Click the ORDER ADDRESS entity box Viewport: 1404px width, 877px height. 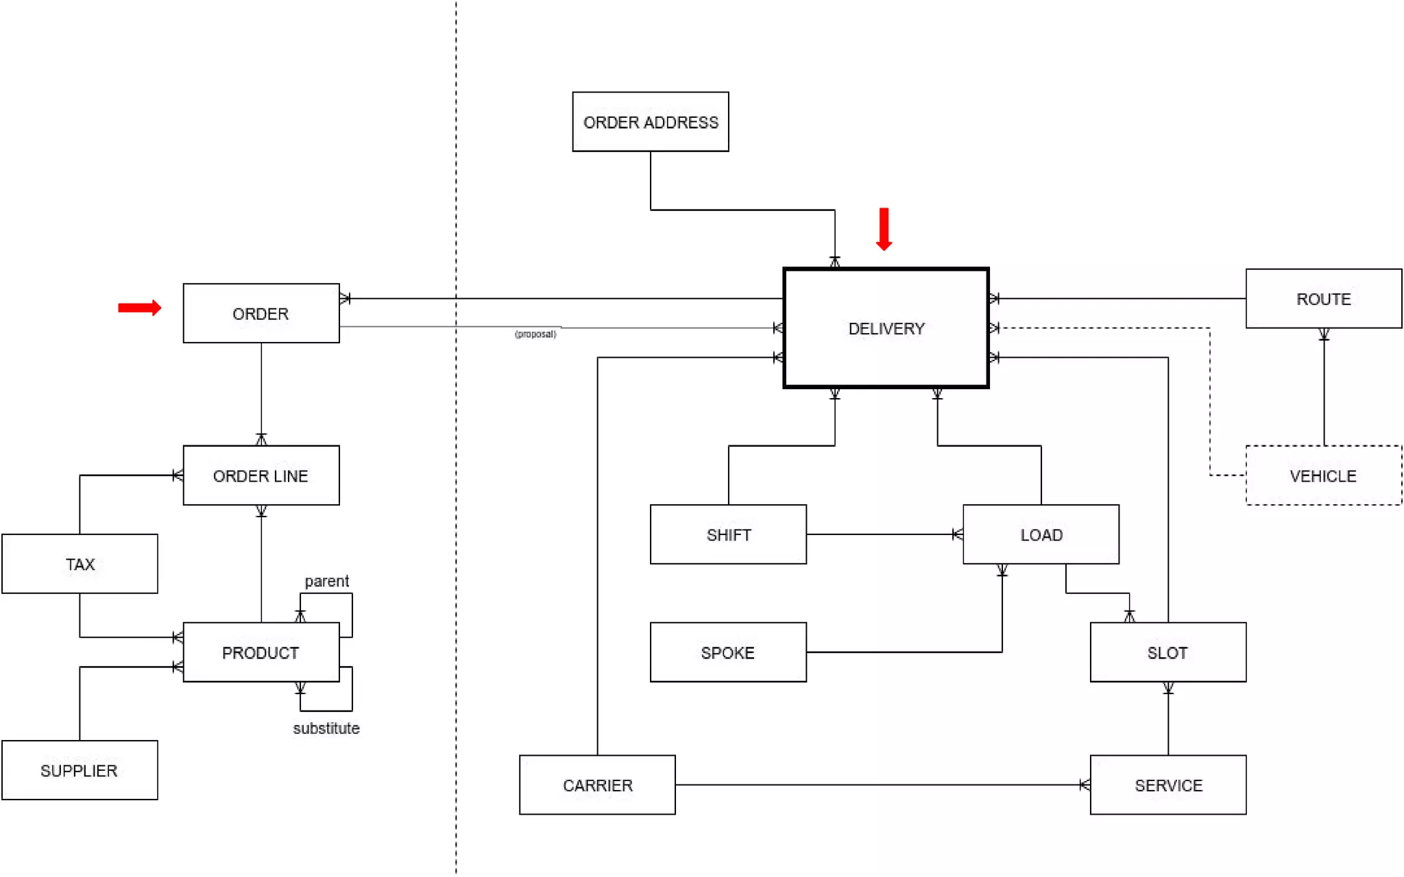650,122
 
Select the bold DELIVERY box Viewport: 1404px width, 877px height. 886,328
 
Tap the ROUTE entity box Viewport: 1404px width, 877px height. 1323,299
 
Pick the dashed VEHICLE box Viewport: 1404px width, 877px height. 1323,475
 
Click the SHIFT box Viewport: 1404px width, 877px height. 728,534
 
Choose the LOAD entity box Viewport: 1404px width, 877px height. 1041,534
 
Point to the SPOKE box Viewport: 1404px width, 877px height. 728,652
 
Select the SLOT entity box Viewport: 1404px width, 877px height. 1167,652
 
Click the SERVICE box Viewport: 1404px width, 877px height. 1167,785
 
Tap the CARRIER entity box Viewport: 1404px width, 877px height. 597,785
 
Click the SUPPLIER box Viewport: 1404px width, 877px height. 80,770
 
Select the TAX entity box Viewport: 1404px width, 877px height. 80,564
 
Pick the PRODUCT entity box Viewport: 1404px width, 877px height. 261,652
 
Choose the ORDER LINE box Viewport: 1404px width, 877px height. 261,475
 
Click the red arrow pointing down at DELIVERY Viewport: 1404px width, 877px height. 884,229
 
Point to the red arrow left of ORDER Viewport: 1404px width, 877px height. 139,308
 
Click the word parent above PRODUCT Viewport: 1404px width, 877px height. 326,581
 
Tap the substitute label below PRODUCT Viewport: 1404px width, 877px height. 326,728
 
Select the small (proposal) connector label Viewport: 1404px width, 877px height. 535,334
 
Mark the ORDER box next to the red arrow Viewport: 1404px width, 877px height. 261,313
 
